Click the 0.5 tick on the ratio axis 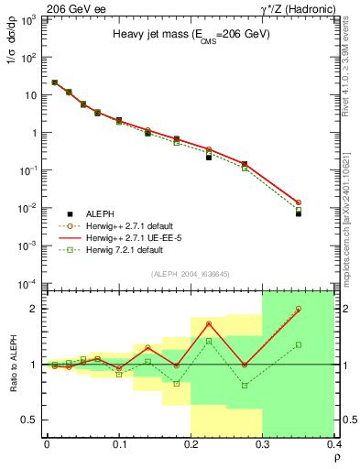(x=35, y=420)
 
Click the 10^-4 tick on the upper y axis (x=31, y=283)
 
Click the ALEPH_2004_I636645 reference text (x=191, y=275)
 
